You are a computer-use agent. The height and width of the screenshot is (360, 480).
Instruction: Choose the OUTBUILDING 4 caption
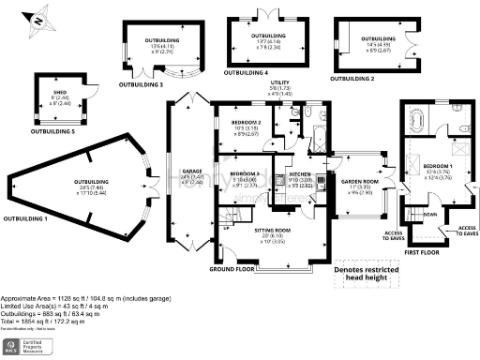pos(246,72)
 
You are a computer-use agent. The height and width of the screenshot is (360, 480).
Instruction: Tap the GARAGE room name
pos(186,171)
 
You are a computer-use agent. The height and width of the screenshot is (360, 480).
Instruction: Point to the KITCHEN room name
pos(299,174)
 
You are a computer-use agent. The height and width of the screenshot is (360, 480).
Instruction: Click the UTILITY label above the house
pos(279,82)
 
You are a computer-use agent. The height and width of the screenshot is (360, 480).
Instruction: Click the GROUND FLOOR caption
pos(232,269)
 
